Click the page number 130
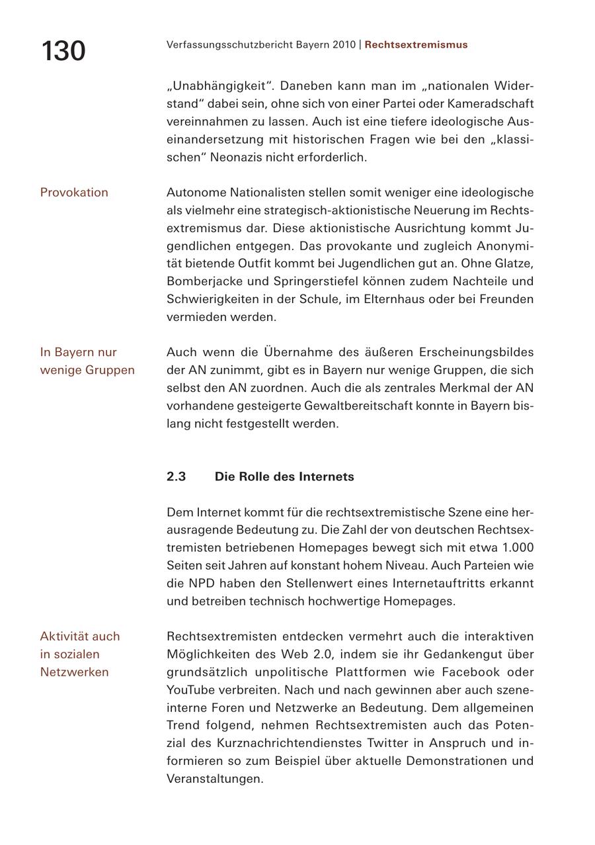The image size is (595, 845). pyautogui.click(x=63, y=51)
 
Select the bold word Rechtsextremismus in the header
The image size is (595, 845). pyautogui.click(x=416, y=45)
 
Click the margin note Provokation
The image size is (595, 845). pyautogui.click(x=74, y=193)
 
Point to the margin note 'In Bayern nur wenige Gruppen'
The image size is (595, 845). pyautogui.click(x=87, y=361)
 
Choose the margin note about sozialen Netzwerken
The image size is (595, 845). pyautogui.click(x=79, y=654)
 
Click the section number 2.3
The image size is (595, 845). pyautogui.click(x=176, y=476)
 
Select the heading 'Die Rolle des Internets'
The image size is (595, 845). pyautogui.click(x=284, y=476)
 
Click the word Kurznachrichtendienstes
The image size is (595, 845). pyautogui.click(x=282, y=743)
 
